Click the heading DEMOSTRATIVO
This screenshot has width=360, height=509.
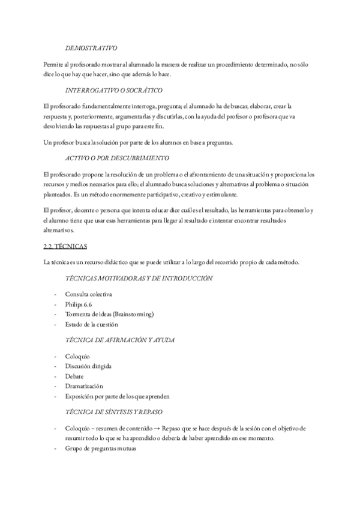pos(91,47)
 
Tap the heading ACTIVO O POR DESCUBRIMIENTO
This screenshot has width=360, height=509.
pos(116,158)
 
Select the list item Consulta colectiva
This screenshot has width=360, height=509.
pos(88,294)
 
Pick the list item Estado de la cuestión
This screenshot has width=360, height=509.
pos(92,325)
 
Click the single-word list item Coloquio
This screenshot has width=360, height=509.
pos(78,355)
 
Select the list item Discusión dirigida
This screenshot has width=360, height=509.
pos(88,366)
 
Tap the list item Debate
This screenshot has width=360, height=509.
pos(74,376)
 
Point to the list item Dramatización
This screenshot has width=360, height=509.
pos(84,386)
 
